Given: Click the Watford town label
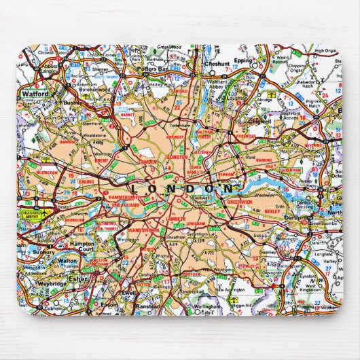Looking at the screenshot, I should tap(35, 93).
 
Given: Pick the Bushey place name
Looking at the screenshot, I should tap(71, 101).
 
